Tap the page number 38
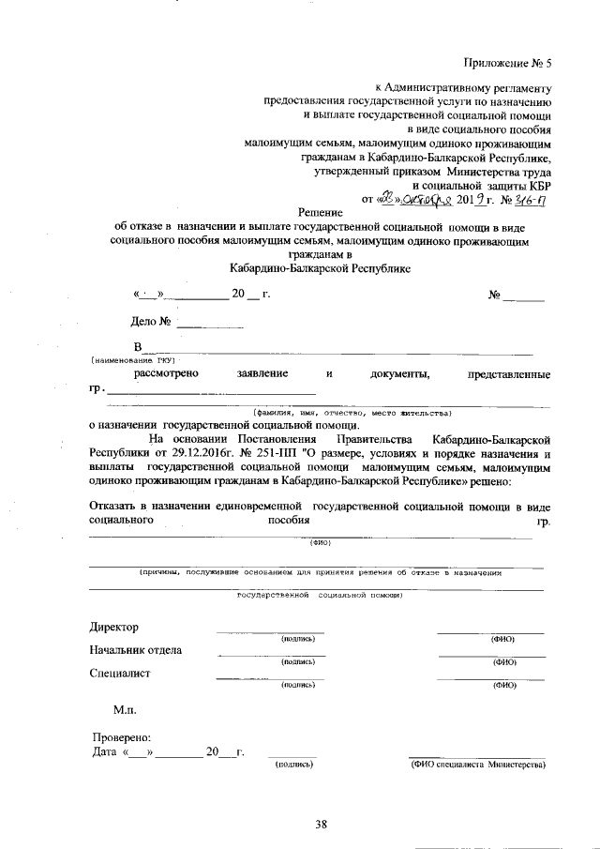(x=321, y=825)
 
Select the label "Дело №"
(x=150, y=322)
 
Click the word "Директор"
(x=113, y=627)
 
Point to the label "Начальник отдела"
(x=136, y=650)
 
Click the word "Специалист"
(x=120, y=673)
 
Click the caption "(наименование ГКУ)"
(x=133, y=360)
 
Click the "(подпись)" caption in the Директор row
(x=296, y=639)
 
